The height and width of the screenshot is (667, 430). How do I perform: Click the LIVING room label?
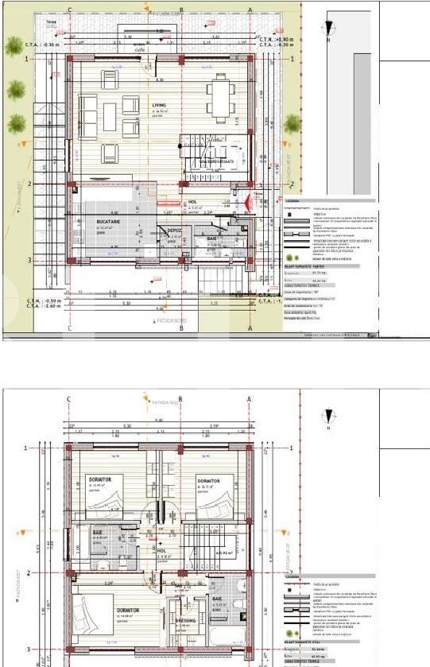136,103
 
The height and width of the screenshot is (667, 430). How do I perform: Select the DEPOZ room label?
173,231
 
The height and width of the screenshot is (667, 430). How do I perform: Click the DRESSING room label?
184,619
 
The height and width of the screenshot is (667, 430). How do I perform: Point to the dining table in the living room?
219,97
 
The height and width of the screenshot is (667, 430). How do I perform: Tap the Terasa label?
51,22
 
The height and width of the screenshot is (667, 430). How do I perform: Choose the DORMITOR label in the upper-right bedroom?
208,482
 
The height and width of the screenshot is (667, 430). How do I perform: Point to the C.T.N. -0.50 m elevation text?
44,301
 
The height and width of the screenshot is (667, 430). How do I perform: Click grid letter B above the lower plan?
181,400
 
